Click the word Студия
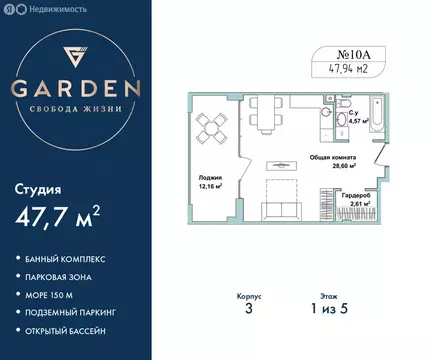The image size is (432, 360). (47, 187)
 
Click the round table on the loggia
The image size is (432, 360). (211, 126)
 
